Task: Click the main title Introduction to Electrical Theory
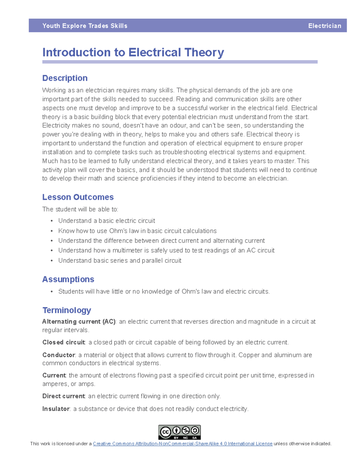(x=133, y=53)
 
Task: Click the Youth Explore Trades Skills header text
(x=85, y=26)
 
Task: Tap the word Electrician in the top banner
(x=324, y=26)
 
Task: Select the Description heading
(x=65, y=78)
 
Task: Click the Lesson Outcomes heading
(x=78, y=197)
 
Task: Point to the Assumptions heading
(x=68, y=279)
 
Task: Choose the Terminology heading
(x=67, y=310)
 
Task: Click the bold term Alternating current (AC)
(x=79, y=322)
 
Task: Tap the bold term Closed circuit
(x=64, y=342)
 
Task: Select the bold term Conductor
(x=58, y=355)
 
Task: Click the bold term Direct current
(x=64, y=396)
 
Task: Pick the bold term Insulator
(x=56, y=409)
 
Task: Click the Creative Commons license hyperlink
(x=182, y=444)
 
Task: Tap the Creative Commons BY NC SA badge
(x=179, y=432)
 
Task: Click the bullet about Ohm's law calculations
(x=137, y=231)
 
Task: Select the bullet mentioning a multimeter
(x=166, y=250)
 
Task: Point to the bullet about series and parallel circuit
(x=120, y=260)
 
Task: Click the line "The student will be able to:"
(x=80, y=209)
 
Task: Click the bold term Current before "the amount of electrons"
(x=54, y=375)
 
